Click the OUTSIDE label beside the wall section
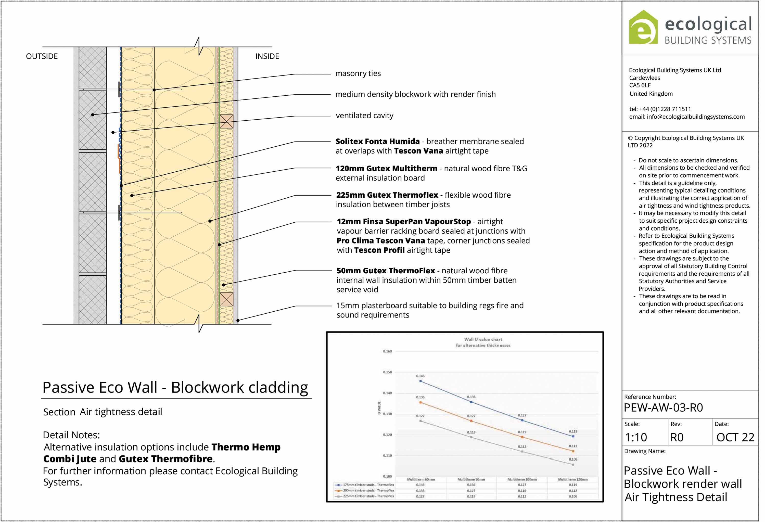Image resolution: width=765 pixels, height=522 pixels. [x=42, y=56]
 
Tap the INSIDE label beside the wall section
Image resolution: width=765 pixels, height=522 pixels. [x=267, y=56]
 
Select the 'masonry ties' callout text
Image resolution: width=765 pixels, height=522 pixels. [x=358, y=73]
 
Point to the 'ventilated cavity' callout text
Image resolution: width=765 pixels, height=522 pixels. [x=364, y=116]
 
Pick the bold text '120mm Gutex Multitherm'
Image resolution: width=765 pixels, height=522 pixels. [x=386, y=169]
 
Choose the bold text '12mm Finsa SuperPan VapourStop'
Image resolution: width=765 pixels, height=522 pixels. [x=404, y=222]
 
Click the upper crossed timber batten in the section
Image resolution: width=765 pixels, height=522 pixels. [x=226, y=121]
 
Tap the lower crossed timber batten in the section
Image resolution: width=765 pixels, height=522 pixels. [x=226, y=299]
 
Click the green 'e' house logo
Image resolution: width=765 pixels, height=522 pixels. [x=643, y=28]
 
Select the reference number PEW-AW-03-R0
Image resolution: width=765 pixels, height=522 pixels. [x=663, y=408]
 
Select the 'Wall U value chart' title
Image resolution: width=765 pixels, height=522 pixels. [x=483, y=339]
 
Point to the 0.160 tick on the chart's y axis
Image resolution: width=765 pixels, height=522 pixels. [x=387, y=351]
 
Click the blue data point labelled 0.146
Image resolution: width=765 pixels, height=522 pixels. [x=420, y=381]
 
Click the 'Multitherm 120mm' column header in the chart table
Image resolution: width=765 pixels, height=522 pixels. [x=573, y=480]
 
